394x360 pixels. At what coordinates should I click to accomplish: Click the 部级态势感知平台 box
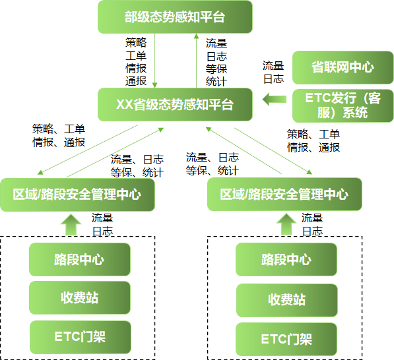tap(175, 17)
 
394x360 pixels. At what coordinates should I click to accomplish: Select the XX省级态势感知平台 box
tap(175, 104)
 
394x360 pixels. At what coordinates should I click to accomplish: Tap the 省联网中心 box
tap(343, 67)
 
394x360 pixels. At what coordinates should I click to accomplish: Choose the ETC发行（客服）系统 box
tap(343, 105)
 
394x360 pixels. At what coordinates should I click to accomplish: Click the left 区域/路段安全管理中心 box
tap(77, 195)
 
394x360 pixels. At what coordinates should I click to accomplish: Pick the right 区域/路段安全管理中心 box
tap(284, 195)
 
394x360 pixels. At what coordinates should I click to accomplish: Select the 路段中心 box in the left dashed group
tap(80, 259)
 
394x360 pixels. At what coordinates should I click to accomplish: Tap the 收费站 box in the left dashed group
tap(80, 298)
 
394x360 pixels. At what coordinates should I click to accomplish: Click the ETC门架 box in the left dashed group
tap(80, 337)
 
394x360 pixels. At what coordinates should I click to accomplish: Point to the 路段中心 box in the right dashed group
tap(286, 259)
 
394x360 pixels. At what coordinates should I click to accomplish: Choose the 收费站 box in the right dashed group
tap(286, 300)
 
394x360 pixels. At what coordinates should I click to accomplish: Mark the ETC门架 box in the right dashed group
tap(286, 339)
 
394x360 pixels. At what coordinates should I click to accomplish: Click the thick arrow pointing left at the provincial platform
tap(275, 99)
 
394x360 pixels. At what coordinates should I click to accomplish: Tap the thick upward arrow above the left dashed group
tap(71, 224)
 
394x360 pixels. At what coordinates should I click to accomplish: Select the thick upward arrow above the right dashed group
tap(286, 224)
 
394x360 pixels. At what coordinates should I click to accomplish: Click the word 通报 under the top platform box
tap(136, 81)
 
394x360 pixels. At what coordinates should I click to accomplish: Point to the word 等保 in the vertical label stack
tap(216, 69)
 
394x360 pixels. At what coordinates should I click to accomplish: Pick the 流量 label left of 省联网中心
tap(273, 66)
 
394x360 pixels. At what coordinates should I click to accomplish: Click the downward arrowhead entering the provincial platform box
tap(155, 85)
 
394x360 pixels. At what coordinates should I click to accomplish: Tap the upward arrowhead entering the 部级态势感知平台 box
tap(196, 36)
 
